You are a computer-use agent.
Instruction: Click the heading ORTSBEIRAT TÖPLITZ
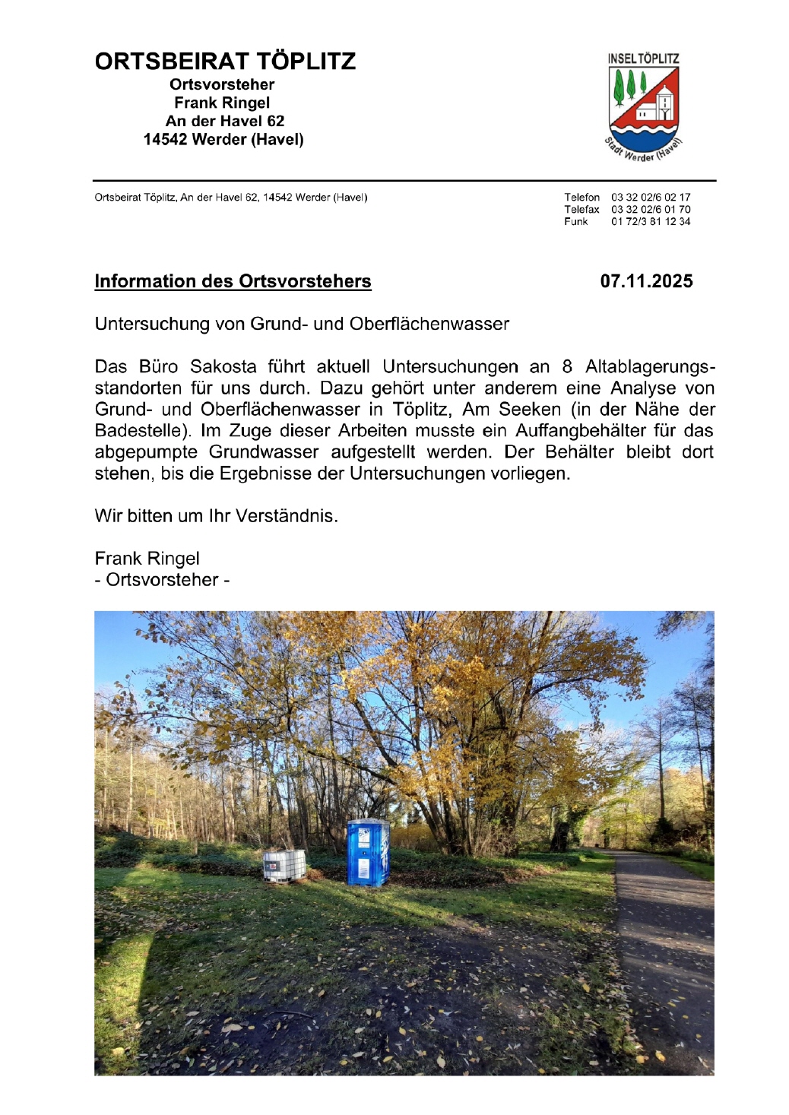pos(225,62)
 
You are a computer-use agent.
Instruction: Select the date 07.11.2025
pos(646,281)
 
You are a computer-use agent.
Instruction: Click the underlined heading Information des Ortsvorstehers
pos(233,281)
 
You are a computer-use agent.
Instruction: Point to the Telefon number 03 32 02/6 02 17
pos(651,198)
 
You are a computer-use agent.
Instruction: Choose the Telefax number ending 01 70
pos(651,210)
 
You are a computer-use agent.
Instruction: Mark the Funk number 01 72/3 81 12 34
pos(651,222)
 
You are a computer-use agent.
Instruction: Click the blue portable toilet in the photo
pos(368,852)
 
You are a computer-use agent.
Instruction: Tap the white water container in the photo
pos(284,865)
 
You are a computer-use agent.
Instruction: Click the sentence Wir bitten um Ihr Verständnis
pos(216,516)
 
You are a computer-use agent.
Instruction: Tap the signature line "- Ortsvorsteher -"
pos(162,580)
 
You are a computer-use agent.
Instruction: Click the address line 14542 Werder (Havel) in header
pos(223,140)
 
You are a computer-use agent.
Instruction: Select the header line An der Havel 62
pos(225,121)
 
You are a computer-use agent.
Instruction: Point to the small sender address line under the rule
pos(231,198)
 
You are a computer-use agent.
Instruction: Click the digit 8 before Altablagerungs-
pos(567,367)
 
